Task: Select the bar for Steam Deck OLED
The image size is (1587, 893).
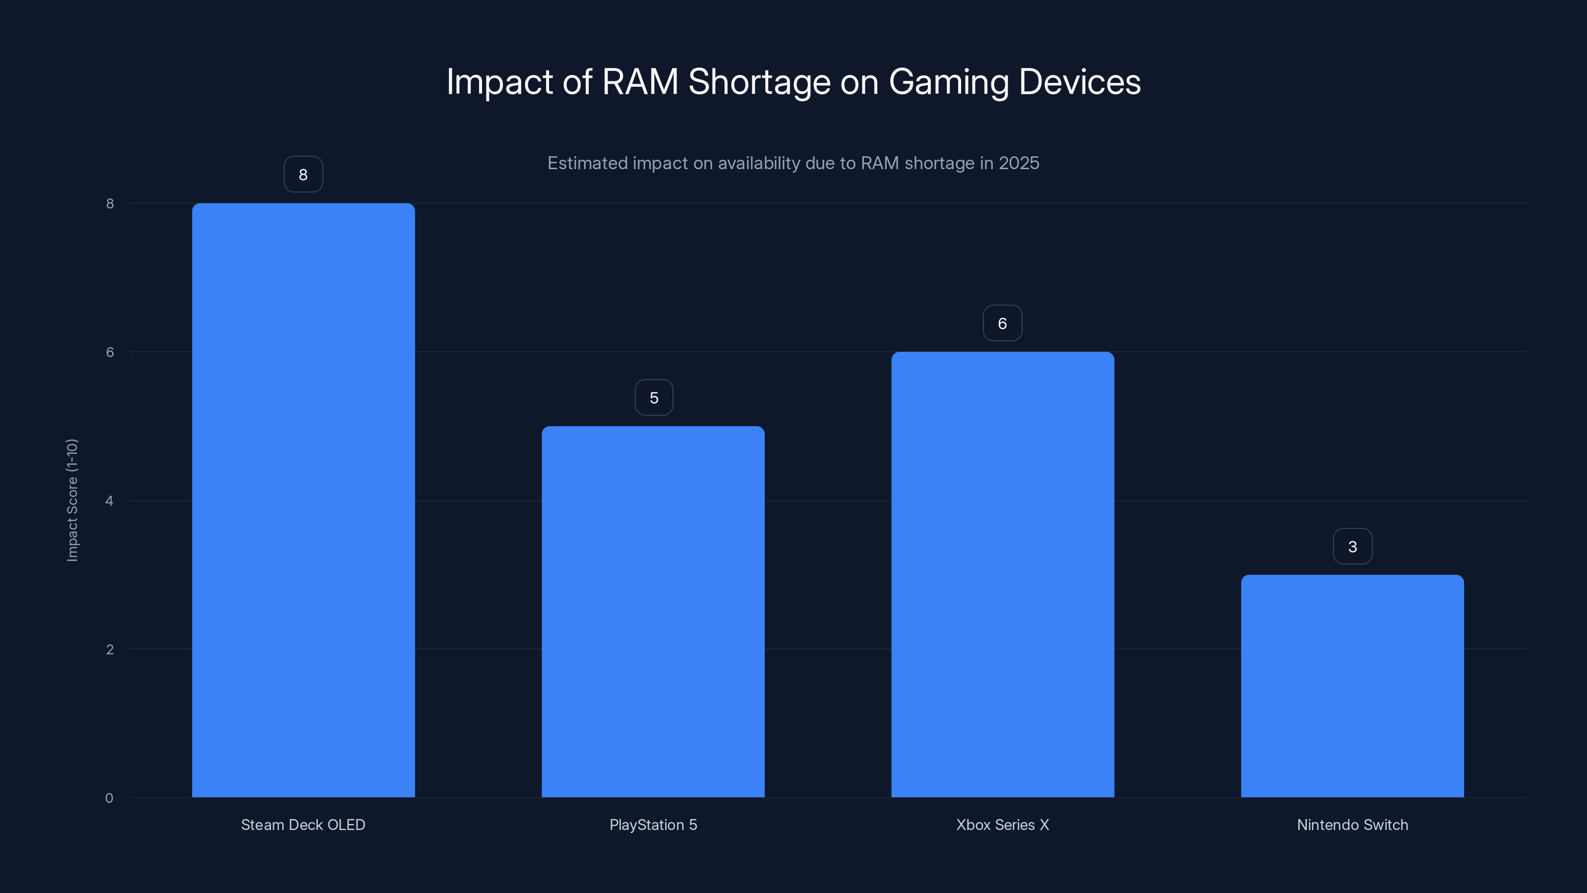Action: [303, 500]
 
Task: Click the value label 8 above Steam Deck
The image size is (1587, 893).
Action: [303, 175]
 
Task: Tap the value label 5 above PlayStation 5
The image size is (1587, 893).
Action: [654, 397]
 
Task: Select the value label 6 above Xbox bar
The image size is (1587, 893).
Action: [1002, 323]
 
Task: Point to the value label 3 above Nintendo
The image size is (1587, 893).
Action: [1352, 546]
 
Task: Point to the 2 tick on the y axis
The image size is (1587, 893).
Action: [110, 649]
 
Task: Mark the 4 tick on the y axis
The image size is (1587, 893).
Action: [109, 501]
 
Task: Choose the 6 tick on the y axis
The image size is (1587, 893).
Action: [110, 352]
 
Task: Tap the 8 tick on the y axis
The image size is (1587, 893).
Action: [110, 203]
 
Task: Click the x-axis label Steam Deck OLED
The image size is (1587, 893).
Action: [303, 825]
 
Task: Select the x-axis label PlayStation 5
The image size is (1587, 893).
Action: [653, 825]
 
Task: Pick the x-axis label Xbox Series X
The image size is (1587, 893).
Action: [1002, 825]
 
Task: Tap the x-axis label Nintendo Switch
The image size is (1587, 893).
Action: [1352, 825]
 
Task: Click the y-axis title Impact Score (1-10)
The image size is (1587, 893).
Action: [72, 500]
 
